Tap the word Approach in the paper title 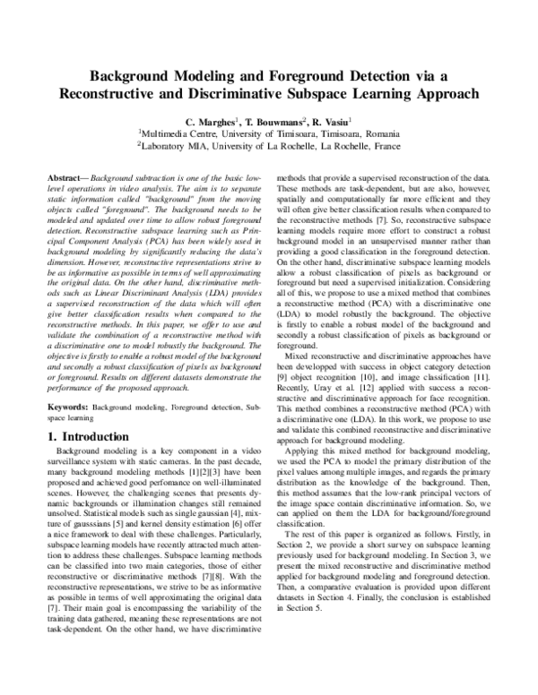point(445,92)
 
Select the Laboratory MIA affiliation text point(178,146)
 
